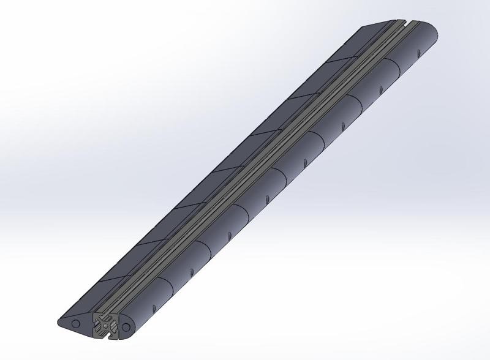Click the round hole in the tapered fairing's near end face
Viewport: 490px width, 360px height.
[76, 322]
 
